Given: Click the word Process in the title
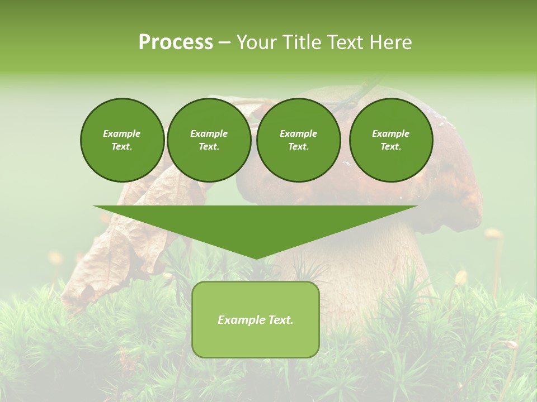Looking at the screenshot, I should (x=176, y=42).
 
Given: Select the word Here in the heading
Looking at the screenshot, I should (x=391, y=42).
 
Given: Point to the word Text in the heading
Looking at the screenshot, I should (x=345, y=42).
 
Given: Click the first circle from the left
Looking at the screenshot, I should (x=122, y=140).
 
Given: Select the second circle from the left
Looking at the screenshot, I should (x=209, y=140).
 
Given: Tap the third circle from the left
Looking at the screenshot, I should (x=298, y=140).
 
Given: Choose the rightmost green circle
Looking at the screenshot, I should (x=390, y=140).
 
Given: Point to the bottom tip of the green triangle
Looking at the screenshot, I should (x=256, y=259).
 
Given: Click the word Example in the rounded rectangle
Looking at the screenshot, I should (x=238, y=320).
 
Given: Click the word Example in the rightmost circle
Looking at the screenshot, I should (x=390, y=133).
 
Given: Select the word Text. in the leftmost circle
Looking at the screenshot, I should (x=122, y=147).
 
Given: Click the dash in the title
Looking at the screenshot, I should (x=224, y=42).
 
